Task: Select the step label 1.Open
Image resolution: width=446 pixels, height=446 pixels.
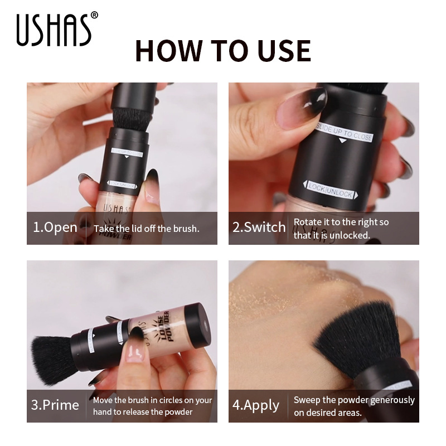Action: [55, 227]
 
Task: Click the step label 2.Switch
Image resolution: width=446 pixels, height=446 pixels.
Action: [259, 227]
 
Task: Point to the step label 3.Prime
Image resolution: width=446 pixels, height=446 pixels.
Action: [55, 405]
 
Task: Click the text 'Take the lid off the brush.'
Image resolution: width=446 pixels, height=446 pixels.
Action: [147, 228]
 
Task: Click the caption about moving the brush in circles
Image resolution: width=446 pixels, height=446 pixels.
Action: [152, 406]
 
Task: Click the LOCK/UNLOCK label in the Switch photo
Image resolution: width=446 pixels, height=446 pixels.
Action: [331, 190]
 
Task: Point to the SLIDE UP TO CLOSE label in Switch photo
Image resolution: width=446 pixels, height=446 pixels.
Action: [345, 133]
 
